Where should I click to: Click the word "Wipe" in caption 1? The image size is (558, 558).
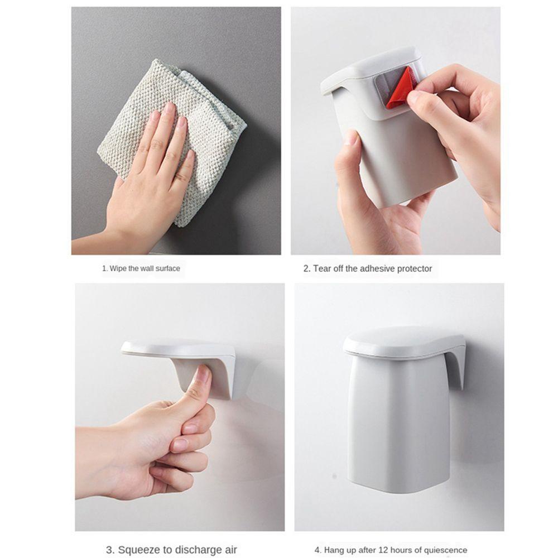[118, 268]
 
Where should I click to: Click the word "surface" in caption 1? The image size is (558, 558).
[167, 268]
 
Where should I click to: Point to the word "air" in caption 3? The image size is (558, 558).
[229, 550]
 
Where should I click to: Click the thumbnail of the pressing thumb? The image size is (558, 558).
[204, 374]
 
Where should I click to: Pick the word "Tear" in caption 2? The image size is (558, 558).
[321, 268]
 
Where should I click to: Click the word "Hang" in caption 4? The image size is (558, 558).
[333, 550]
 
